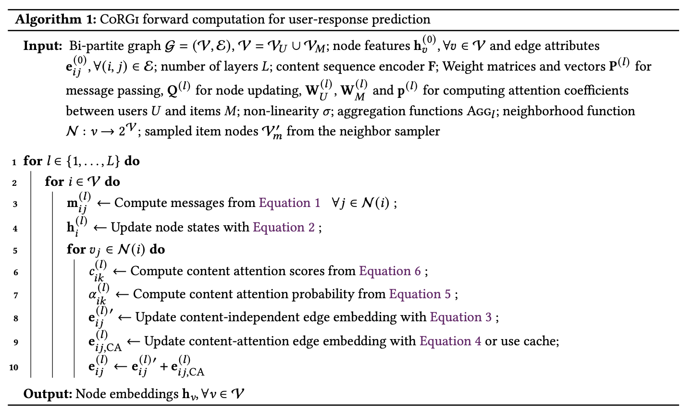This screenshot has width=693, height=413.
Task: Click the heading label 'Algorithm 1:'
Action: pos(55,20)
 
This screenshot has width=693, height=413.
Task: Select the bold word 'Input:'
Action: pos(43,46)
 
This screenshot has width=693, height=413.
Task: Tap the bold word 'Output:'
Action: pos(48,394)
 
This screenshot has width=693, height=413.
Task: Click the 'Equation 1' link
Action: pos(289,203)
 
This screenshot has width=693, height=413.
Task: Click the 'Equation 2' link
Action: pos(284,227)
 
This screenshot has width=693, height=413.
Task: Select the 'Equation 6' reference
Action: pos(390,271)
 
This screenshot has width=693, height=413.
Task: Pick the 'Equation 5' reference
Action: pos(420,294)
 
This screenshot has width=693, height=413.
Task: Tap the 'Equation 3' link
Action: pos(460,317)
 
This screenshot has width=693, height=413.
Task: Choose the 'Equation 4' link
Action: pos(450,341)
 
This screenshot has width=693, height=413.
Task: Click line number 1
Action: pos(15,162)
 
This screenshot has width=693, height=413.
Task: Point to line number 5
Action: pos(15,251)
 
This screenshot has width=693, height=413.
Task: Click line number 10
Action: pos(13,367)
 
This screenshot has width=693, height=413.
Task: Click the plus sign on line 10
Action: pos(163,367)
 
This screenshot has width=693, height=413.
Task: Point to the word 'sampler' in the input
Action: pos(416,131)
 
